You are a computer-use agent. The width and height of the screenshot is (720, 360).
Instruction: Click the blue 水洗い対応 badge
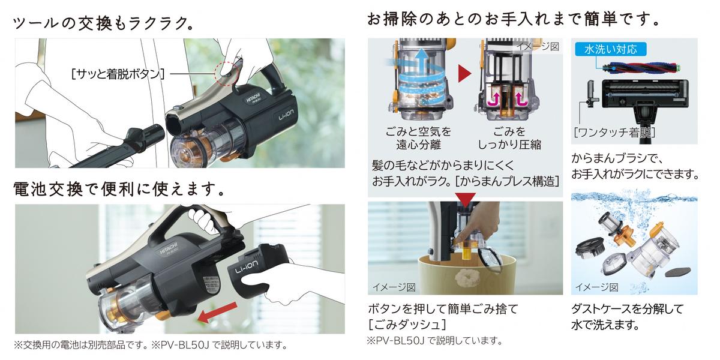tap(610, 49)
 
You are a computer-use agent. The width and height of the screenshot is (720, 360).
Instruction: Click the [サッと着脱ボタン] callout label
tap(118, 74)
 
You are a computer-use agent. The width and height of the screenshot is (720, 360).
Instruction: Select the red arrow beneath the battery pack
tap(217, 313)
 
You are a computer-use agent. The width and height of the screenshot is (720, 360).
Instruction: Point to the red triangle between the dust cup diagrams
tap(465, 74)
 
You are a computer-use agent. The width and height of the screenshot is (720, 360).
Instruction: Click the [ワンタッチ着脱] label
tap(614, 133)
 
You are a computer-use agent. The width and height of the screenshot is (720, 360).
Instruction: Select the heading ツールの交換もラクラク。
tap(103, 23)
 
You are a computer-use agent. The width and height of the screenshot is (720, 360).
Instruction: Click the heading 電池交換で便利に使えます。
tap(119, 190)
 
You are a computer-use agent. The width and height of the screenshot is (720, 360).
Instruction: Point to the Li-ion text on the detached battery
tap(247, 267)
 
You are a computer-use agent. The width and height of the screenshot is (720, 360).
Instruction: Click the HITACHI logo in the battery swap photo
tap(169, 248)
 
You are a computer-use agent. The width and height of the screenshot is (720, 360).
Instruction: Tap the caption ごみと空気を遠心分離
tap(418, 138)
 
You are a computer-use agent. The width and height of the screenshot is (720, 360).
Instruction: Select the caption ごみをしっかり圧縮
tap(509, 138)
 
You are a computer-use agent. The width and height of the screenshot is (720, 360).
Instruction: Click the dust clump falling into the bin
tap(464, 278)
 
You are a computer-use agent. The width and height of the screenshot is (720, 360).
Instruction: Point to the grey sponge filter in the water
tap(677, 272)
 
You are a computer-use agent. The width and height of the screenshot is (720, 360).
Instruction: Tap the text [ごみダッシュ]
tap(407, 325)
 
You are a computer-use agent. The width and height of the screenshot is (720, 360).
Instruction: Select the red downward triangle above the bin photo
tap(466, 200)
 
